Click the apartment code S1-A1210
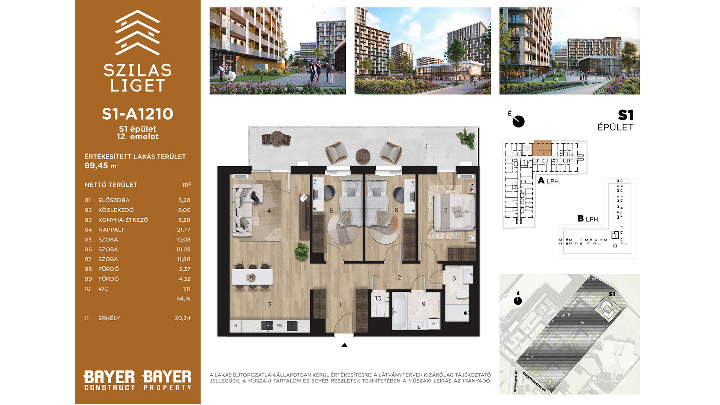(x=138, y=114)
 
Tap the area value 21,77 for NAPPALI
(x=184, y=230)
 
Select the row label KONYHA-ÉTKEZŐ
(x=123, y=220)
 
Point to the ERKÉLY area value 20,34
(x=183, y=318)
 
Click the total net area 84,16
(x=183, y=299)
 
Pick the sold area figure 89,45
(x=96, y=166)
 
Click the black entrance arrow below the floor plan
(x=344, y=345)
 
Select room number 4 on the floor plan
(x=268, y=211)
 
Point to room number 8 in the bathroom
(x=454, y=278)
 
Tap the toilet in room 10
(x=381, y=310)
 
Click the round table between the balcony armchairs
(x=363, y=156)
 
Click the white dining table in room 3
(x=252, y=277)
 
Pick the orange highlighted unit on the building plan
(x=542, y=148)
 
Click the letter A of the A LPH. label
(x=541, y=181)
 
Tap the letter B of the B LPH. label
(x=580, y=218)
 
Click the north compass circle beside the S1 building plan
(x=519, y=121)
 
